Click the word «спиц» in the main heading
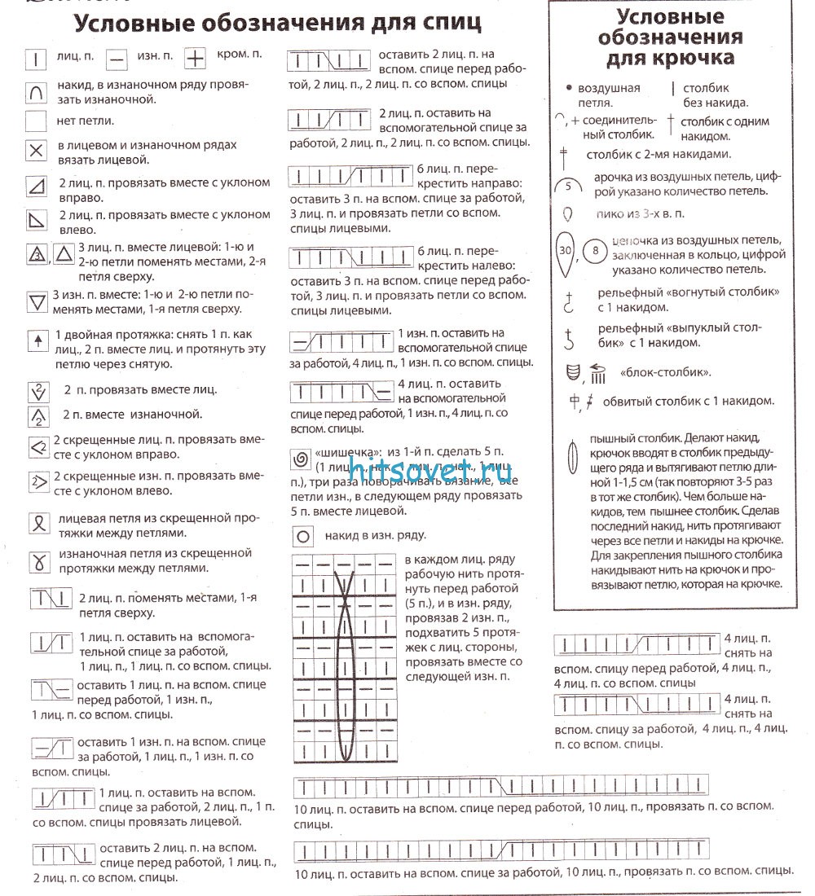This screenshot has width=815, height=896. (447, 22)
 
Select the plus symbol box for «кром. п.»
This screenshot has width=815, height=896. (196, 59)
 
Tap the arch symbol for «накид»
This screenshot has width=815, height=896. (36, 93)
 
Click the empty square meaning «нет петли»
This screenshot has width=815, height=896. (36, 122)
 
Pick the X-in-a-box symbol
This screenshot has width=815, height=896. (36, 152)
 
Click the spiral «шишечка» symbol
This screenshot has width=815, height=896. (302, 461)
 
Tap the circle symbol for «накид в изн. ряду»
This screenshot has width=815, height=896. (303, 537)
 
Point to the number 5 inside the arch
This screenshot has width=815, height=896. (568, 186)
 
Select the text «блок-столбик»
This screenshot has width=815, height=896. (654, 373)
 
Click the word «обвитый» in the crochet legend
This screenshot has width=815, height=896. (626, 402)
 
